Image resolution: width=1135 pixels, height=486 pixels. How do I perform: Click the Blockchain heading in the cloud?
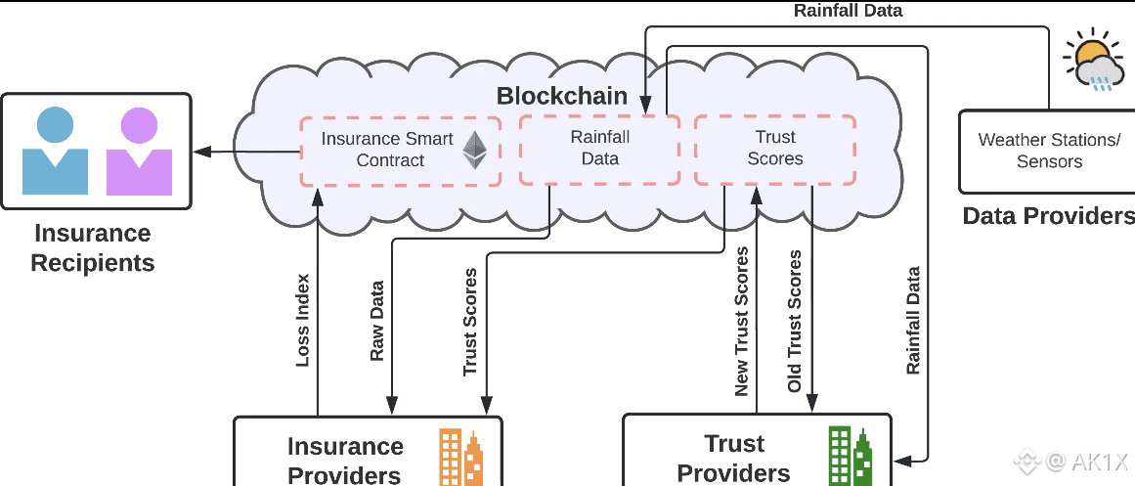click(x=561, y=96)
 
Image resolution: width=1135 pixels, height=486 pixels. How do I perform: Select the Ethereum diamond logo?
click(x=476, y=150)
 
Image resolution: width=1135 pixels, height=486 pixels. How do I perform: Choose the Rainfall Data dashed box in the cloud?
click(x=599, y=149)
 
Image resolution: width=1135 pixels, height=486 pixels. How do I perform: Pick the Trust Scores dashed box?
click(x=774, y=149)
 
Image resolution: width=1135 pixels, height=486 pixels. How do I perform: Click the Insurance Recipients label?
click(x=93, y=248)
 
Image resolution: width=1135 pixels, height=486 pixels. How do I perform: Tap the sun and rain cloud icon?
click(x=1092, y=62)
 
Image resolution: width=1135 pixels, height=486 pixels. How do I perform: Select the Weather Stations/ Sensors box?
click(x=1048, y=151)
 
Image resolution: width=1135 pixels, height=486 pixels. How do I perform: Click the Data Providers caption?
click(x=1048, y=216)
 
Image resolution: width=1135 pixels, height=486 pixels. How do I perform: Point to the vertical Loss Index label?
click(x=303, y=320)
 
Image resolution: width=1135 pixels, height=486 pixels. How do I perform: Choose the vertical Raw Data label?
click(x=377, y=322)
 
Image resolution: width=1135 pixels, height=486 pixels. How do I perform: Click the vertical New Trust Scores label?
click(x=742, y=322)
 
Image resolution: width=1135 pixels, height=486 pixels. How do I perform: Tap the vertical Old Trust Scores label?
click(x=795, y=322)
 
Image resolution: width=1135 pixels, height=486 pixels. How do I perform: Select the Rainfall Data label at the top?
click(x=848, y=12)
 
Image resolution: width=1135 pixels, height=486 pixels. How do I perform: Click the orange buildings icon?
click(x=460, y=456)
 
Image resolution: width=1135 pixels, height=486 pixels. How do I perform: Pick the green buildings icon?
click(x=850, y=455)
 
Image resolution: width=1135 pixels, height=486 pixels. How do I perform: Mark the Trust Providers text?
click(x=733, y=459)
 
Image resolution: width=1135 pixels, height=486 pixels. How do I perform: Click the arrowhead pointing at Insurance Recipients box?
click(x=199, y=152)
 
